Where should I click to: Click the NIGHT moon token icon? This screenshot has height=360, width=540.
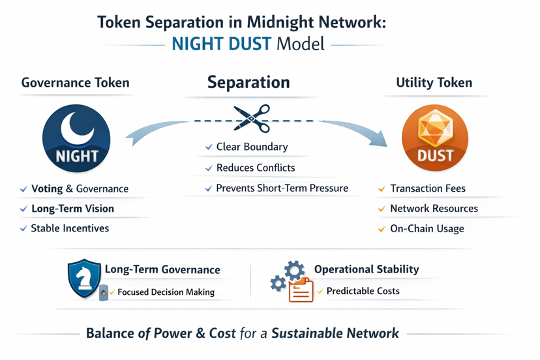click(76, 138)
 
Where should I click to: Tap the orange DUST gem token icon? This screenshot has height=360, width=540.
click(434, 138)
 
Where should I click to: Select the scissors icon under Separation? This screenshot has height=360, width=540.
click(252, 119)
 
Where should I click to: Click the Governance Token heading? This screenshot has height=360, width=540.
click(75, 83)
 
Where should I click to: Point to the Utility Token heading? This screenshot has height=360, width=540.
click(434, 83)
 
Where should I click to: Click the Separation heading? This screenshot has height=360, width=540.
click(248, 82)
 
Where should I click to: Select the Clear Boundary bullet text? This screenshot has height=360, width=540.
click(252, 147)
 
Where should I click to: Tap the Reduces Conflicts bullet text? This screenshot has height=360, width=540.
click(256, 168)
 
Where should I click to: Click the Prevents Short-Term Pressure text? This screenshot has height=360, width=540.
click(282, 188)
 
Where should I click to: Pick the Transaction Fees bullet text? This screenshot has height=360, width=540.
click(428, 188)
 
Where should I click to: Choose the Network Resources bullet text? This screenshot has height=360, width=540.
click(434, 209)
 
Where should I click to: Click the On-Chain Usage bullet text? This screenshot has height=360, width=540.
click(427, 229)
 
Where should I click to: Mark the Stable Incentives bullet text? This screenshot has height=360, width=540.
click(70, 228)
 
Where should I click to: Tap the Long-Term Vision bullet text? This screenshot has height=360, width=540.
click(72, 209)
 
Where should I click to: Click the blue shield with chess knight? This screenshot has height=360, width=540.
click(84, 278)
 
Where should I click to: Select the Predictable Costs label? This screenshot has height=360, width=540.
click(363, 291)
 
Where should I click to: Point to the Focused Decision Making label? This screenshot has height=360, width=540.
click(166, 292)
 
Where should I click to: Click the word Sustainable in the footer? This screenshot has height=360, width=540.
click(307, 333)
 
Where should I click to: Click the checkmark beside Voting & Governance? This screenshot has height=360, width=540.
click(23, 189)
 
